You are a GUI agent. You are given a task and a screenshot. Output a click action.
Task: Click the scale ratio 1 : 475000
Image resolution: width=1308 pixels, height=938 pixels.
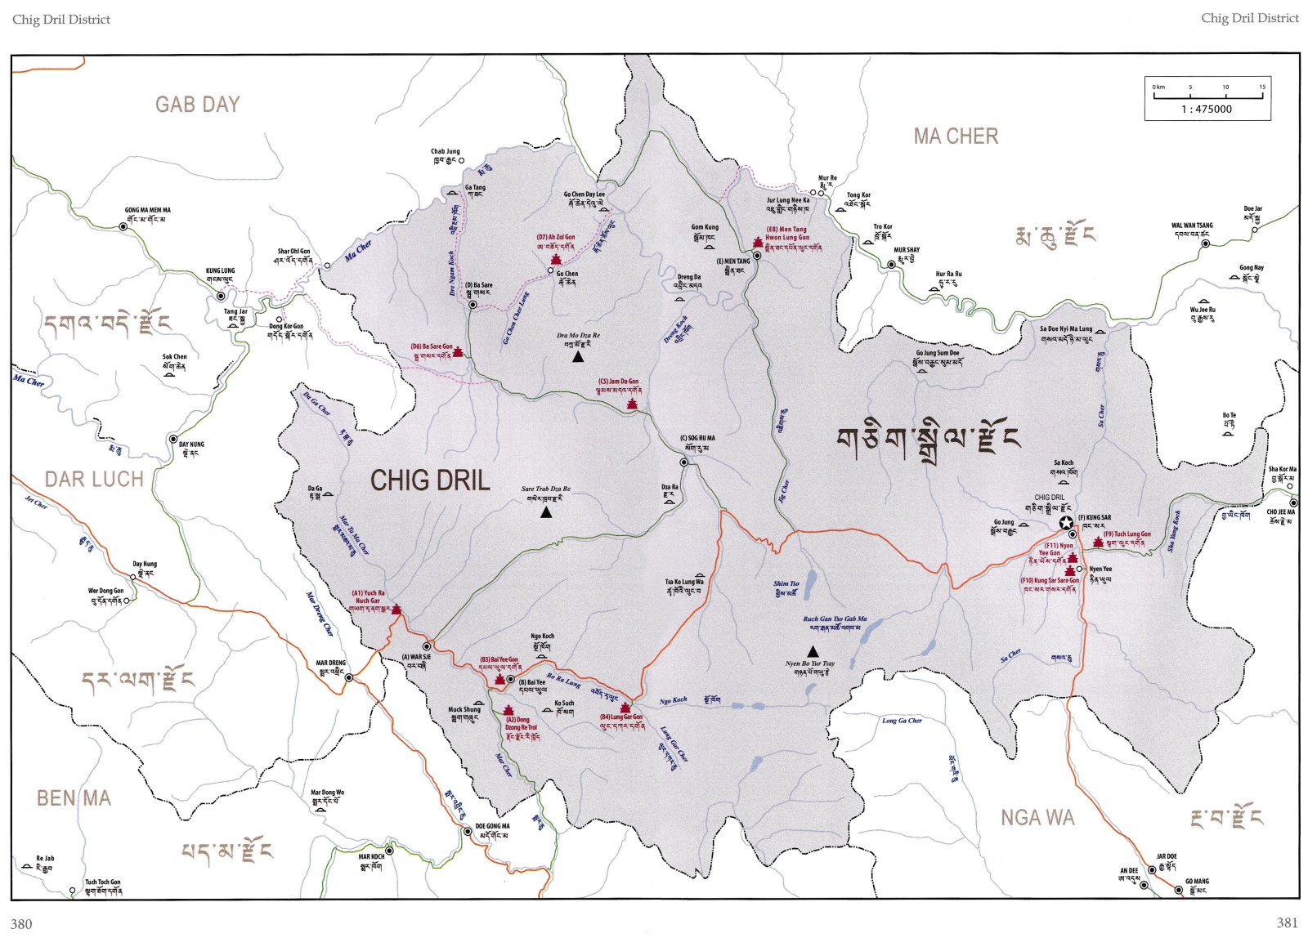(1207, 109)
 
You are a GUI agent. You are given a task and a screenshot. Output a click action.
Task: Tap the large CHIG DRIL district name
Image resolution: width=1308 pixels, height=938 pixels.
(430, 480)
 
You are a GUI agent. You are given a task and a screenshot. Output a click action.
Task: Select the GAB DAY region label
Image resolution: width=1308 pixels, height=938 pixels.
(198, 105)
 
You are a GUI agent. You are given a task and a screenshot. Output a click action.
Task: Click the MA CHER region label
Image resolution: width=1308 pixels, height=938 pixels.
(956, 136)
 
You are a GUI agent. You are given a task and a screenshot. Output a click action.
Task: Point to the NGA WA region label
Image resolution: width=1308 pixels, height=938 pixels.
(1037, 818)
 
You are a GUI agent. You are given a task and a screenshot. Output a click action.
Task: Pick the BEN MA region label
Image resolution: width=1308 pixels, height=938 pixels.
(74, 798)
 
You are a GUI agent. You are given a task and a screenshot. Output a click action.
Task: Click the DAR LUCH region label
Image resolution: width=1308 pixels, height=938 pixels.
(93, 480)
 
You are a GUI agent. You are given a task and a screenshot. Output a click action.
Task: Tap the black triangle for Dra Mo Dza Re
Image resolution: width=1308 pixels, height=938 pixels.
(578, 356)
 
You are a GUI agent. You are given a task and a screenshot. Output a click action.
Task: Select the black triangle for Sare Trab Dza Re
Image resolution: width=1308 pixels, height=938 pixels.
(546, 512)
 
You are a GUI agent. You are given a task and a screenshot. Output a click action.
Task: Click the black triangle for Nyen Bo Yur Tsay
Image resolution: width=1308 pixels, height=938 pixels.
(813, 651)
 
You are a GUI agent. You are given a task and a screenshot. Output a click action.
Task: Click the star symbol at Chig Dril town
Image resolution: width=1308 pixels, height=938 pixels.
(1066, 523)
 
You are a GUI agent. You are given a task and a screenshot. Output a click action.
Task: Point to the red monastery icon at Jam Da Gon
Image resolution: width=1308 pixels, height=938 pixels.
(631, 404)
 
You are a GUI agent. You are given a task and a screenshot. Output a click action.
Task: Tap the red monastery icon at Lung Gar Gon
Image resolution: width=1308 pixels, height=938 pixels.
(625, 708)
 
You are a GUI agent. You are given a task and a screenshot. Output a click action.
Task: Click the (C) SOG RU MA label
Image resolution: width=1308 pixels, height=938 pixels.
(697, 438)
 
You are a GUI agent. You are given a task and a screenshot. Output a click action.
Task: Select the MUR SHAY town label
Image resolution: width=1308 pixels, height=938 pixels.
(907, 250)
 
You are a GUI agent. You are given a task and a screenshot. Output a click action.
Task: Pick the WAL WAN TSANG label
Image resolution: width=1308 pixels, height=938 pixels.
(1192, 226)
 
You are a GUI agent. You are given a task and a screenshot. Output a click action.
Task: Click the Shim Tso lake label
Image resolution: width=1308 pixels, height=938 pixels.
(786, 583)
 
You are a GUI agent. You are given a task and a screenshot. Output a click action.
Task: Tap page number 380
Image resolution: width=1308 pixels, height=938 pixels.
(21, 923)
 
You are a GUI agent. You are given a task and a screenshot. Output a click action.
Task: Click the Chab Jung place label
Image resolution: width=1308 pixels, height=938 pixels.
(445, 151)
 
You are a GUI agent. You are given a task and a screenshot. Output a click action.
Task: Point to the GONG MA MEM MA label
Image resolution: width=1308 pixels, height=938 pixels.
(147, 210)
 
